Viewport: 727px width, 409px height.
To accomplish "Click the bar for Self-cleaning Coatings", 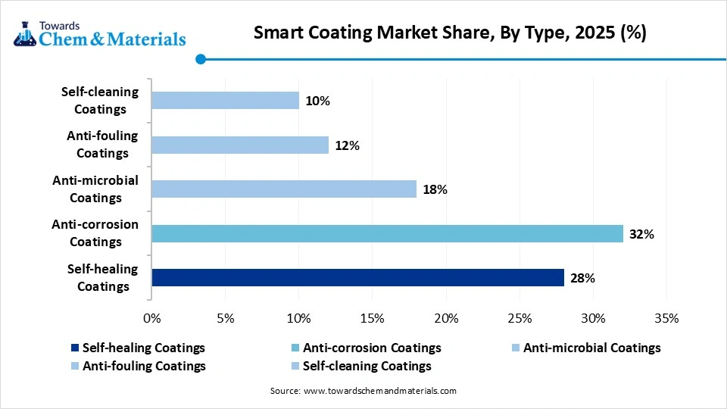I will pyautogui.click(x=225, y=100).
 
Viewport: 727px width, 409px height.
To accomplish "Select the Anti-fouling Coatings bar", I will pyautogui.click(x=240, y=145).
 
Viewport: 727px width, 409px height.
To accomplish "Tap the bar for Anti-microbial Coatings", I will pyautogui.click(x=284, y=189).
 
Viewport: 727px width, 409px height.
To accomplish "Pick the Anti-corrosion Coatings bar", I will pyautogui.click(x=387, y=233).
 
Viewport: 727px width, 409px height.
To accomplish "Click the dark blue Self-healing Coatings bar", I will pyautogui.click(x=357, y=278).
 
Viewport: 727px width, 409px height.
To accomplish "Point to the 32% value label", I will pyautogui.click(x=641, y=234).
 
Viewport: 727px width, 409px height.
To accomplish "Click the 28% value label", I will pyautogui.click(x=582, y=279).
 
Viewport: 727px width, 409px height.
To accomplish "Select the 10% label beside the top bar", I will pyautogui.click(x=317, y=101).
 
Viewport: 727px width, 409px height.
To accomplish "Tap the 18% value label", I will pyautogui.click(x=435, y=190).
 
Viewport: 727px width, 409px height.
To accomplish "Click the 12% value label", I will pyautogui.click(x=347, y=145).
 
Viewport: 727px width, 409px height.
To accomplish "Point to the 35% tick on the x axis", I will pyautogui.click(x=666, y=318).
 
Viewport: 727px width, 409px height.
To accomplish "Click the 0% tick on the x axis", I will pyautogui.click(x=152, y=318).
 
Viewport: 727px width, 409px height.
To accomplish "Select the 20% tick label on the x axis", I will pyautogui.click(x=445, y=318).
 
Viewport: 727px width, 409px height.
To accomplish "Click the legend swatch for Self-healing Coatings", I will pyautogui.click(x=74, y=348).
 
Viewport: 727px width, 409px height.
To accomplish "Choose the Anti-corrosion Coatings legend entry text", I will pyautogui.click(x=371, y=348).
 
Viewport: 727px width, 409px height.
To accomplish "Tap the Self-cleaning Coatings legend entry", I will pyautogui.click(x=367, y=367).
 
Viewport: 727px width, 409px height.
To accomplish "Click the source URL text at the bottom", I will pyautogui.click(x=363, y=392).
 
